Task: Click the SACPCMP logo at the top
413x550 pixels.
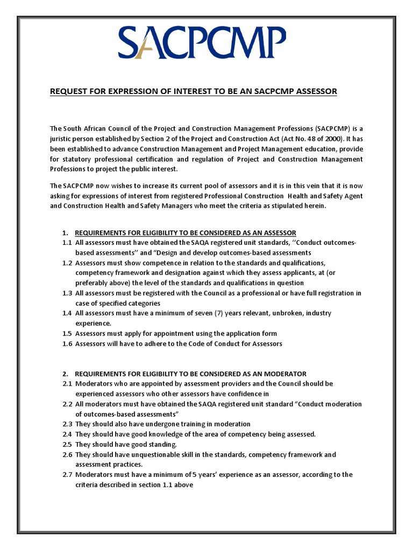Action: click(x=202, y=44)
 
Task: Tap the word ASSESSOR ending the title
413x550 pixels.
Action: click(x=313, y=91)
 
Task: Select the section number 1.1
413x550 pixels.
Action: click(x=67, y=243)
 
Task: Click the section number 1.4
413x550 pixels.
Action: click(x=67, y=313)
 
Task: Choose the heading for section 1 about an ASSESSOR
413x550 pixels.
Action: click(x=185, y=233)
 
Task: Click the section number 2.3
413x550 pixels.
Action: click(x=67, y=424)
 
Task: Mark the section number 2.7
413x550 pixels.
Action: click(x=67, y=474)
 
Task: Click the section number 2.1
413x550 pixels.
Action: click(x=67, y=383)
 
